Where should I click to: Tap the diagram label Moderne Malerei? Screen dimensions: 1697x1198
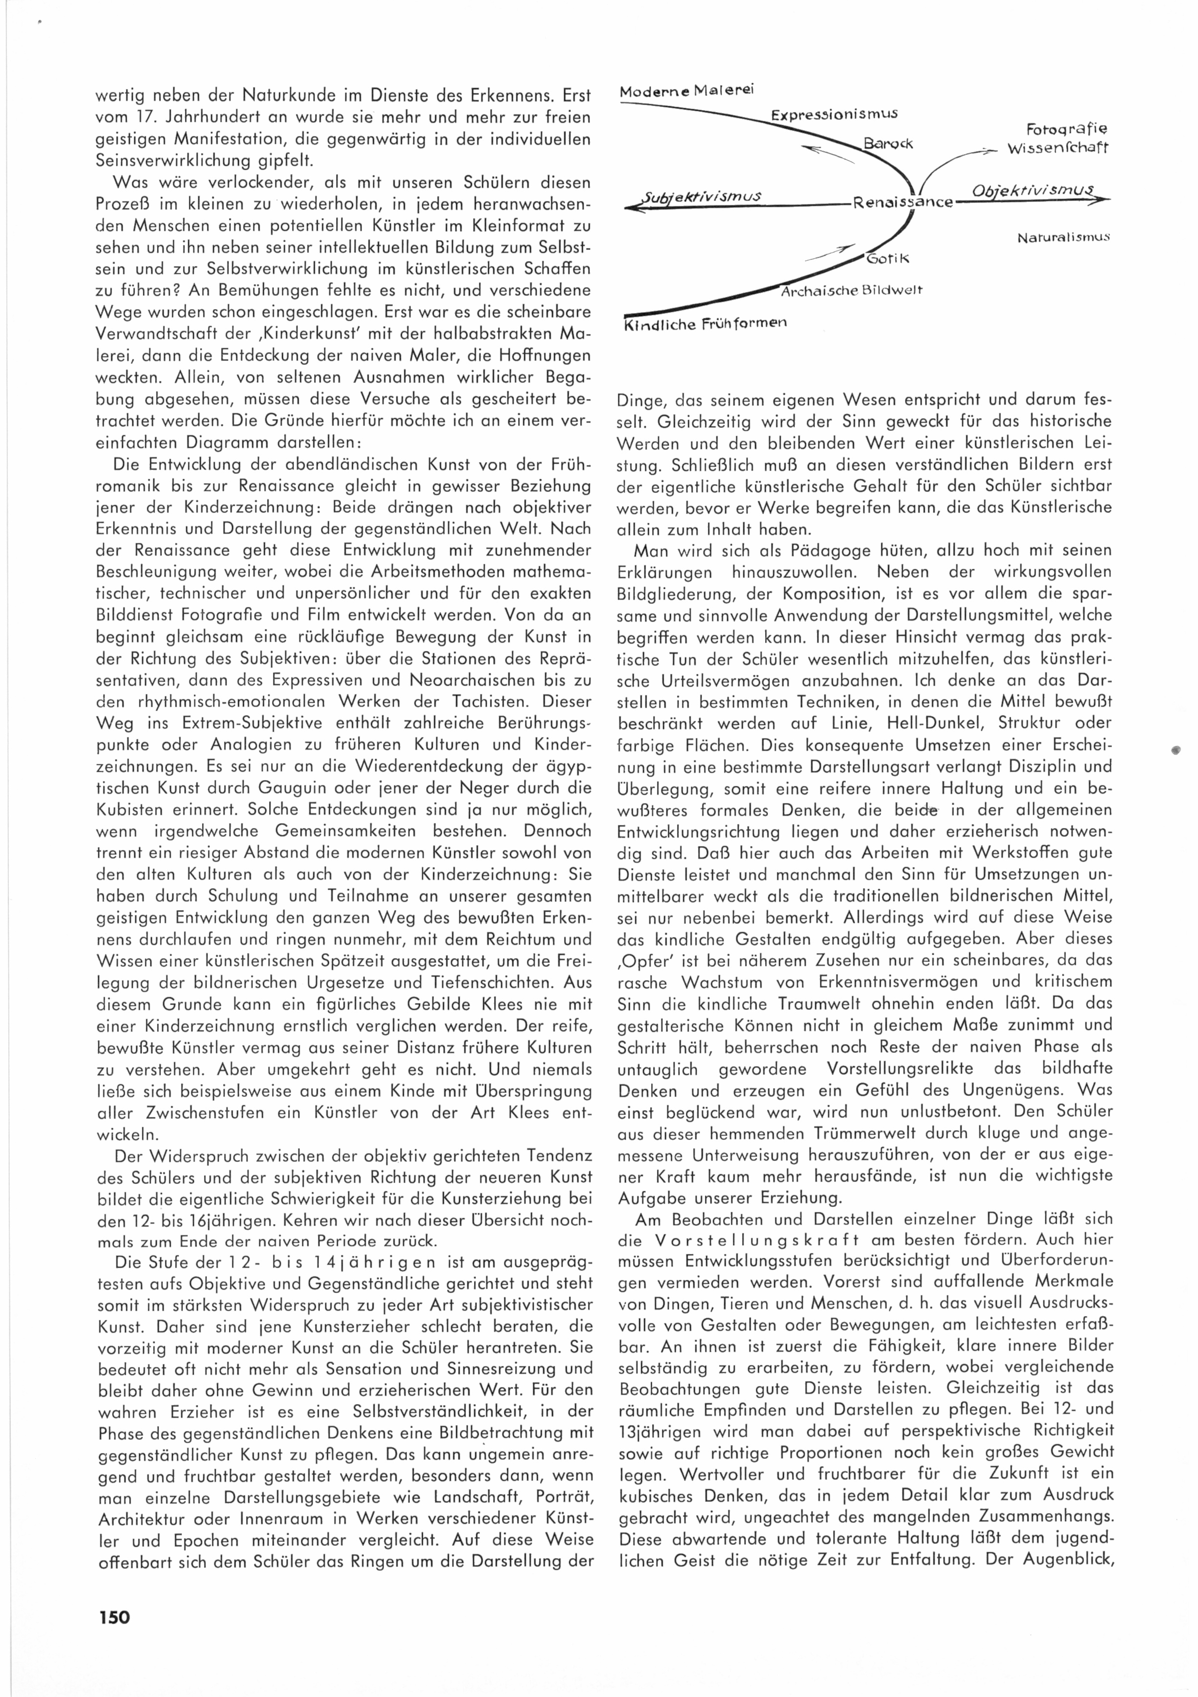(686, 91)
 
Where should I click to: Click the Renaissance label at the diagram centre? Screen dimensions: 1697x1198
(902, 201)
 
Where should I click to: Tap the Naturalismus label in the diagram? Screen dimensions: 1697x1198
(1064, 238)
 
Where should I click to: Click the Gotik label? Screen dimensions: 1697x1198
(887, 259)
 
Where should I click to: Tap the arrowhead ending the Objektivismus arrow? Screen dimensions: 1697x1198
(1103, 198)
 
